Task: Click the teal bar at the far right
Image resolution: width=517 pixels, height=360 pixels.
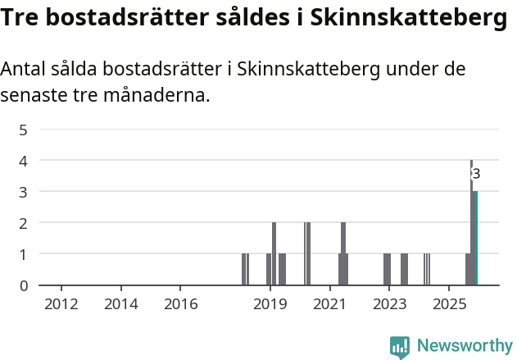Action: coord(476,238)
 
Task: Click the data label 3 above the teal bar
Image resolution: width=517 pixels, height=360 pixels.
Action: coord(476,174)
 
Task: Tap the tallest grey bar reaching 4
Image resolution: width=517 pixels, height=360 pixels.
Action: coord(471,221)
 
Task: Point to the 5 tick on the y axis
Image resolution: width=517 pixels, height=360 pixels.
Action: coord(24,130)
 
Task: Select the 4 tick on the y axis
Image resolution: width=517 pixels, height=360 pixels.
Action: coord(24,161)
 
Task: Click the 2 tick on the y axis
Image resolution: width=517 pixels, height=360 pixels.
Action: coord(24,223)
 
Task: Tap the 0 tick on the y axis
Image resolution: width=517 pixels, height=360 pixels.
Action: coord(24,285)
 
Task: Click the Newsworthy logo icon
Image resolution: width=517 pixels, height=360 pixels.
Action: coord(400,347)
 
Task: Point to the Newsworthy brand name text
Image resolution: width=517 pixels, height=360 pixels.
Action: coord(465,346)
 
